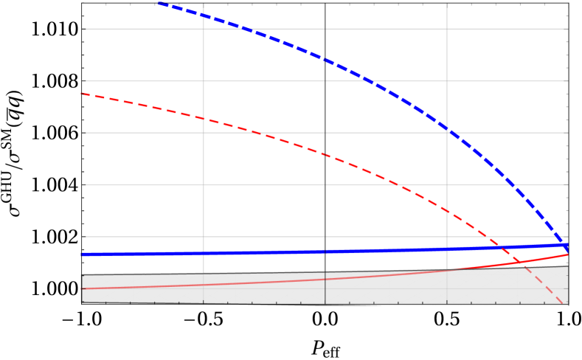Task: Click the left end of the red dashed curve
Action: click(x=81, y=94)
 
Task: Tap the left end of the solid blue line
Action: click(x=82, y=255)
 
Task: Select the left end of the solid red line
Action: click(x=82, y=288)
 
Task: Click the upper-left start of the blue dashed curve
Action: click(x=159, y=3)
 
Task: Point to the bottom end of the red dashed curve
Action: click(x=563, y=303)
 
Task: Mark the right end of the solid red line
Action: click(x=567, y=255)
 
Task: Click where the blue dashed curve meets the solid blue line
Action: click(x=564, y=245)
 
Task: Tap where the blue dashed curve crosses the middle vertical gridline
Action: click(x=325, y=60)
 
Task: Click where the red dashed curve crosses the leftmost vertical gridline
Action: click(x=204, y=118)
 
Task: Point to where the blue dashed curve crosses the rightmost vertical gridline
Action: click(x=446, y=128)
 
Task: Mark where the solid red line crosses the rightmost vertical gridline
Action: click(x=446, y=270)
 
